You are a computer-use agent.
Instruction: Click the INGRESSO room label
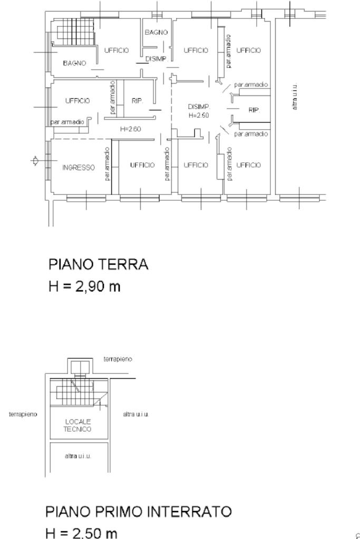click(79, 168)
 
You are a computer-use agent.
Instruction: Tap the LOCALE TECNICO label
click(77, 425)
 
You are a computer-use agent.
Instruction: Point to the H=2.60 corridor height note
click(130, 129)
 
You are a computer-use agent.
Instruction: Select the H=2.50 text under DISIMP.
click(199, 115)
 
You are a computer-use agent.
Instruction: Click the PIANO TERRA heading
click(99, 264)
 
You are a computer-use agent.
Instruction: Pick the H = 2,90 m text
click(84, 286)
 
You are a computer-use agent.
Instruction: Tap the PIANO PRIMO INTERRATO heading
click(139, 512)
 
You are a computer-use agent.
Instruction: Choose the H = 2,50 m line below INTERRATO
click(82, 533)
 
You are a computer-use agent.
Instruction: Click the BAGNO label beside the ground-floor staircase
click(75, 63)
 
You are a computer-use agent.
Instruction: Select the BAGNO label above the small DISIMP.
click(156, 32)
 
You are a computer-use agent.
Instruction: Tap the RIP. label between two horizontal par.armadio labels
click(254, 110)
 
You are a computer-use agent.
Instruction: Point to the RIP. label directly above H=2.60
click(137, 101)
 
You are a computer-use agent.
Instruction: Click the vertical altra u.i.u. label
click(294, 97)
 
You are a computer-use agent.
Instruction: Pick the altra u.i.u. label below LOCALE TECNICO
click(77, 456)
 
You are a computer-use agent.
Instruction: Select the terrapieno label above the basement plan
click(118, 359)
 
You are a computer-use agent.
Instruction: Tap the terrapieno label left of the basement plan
click(23, 414)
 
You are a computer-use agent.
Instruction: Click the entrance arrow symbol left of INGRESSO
click(34, 161)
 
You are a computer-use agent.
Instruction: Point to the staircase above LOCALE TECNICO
click(80, 392)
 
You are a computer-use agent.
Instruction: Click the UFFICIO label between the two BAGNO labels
click(116, 51)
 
